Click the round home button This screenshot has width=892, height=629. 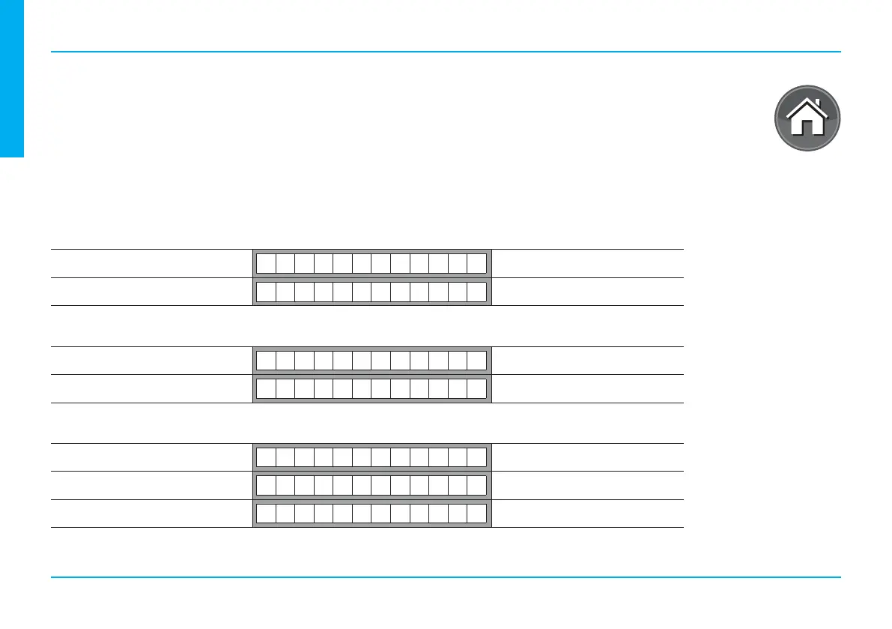[807, 118]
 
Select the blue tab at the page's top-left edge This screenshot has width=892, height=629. [12, 78]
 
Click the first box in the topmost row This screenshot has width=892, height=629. [266, 263]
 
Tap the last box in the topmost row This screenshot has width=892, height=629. [476, 263]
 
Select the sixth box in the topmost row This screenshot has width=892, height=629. [362, 263]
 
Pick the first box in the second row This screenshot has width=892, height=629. [266, 291]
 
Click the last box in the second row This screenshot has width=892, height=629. [476, 291]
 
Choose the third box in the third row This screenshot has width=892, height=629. [304, 361]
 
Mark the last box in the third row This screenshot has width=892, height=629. [476, 361]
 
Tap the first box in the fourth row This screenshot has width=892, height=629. [266, 388]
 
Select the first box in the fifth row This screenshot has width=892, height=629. [266, 457]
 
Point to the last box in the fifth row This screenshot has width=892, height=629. [476, 457]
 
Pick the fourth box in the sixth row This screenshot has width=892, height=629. [324, 485]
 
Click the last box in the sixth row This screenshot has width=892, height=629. [476, 485]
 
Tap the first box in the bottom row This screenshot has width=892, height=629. [266, 514]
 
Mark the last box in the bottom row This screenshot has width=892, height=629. [476, 514]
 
